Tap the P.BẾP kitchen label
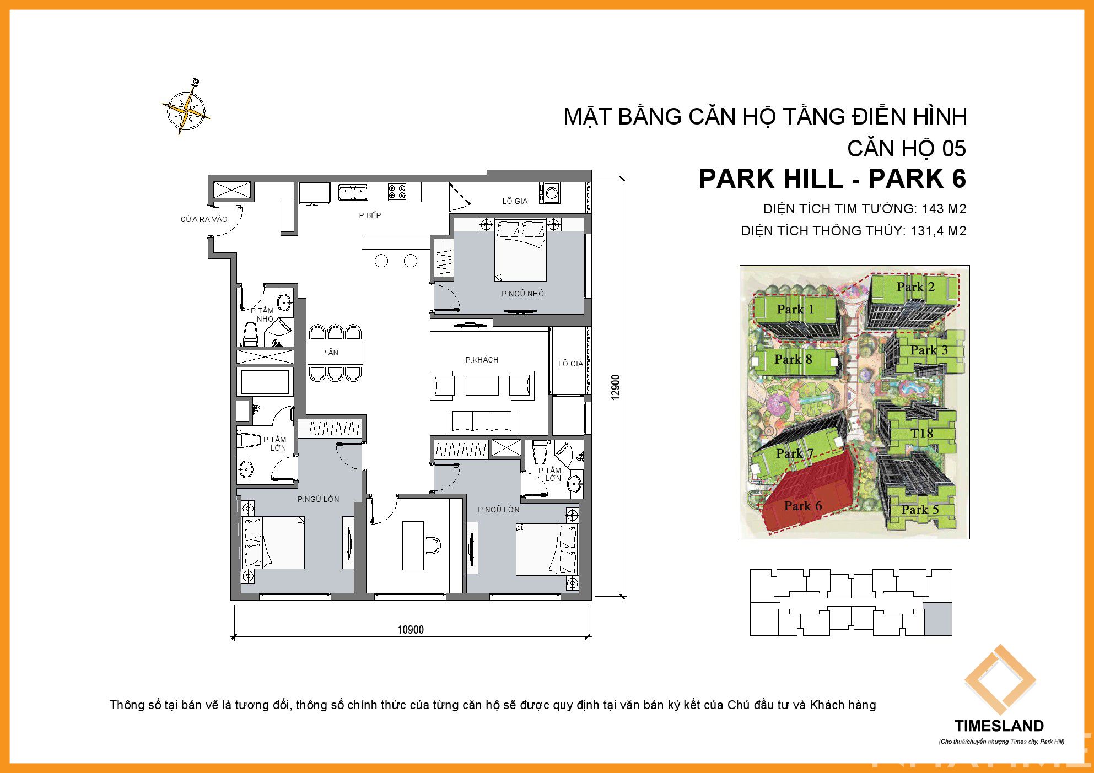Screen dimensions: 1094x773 click(x=370, y=215)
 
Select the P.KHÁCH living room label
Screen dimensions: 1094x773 click(x=482, y=360)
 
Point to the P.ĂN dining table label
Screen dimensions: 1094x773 click(x=330, y=353)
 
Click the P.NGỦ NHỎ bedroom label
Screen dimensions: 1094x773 click(x=522, y=294)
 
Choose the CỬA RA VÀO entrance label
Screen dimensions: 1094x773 click(x=204, y=219)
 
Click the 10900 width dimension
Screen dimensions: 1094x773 click(x=411, y=630)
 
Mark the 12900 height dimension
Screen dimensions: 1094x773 click(x=616, y=387)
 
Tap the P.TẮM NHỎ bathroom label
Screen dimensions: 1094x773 click(x=262, y=315)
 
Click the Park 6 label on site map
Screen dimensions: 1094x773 click(x=802, y=506)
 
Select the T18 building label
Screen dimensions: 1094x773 click(x=921, y=434)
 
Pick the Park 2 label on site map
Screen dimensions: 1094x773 click(x=915, y=287)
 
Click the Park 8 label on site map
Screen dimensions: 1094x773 click(x=793, y=359)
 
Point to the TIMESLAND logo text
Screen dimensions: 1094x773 click(x=999, y=726)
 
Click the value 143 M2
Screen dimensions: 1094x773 click(x=944, y=209)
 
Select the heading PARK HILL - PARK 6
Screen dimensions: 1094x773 click(x=832, y=179)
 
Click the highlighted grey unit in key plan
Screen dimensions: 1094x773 click(x=938, y=619)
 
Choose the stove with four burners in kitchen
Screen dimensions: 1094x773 click(x=397, y=192)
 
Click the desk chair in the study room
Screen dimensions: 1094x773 click(x=433, y=545)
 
